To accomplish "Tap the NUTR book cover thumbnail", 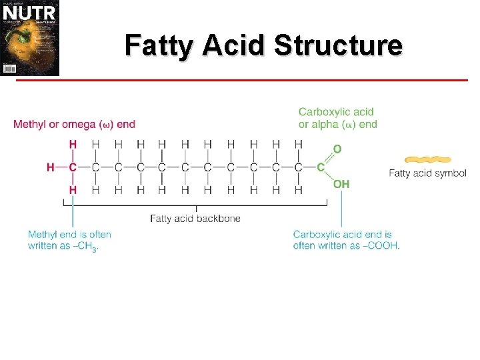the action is [30, 38].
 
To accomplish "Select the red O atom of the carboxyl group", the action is [337, 149].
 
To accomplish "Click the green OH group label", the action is [341, 184].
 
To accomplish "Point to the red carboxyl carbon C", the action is [321, 167].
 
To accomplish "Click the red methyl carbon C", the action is [73, 167].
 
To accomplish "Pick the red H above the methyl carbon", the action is [73, 145].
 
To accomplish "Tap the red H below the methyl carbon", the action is [73, 190].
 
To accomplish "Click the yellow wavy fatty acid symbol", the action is [428, 160].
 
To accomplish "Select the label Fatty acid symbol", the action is [427, 174].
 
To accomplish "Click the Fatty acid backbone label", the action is [195, 218].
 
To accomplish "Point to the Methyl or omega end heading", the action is [74, 124].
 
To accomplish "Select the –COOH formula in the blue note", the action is [383, 245].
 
